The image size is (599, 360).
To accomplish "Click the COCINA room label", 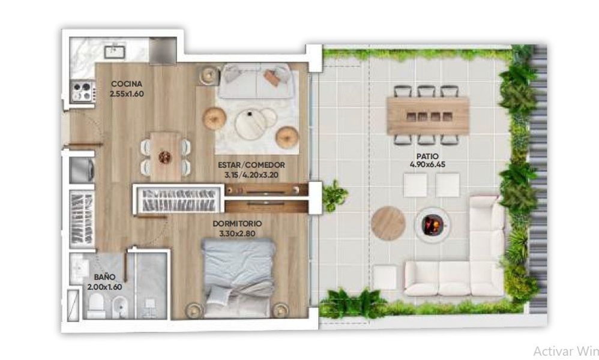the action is [127, 83].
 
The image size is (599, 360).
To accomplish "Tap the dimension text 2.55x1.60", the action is [127, 94].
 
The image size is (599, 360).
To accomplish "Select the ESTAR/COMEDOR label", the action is [251, 165].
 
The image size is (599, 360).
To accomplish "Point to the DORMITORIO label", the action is [237, 224].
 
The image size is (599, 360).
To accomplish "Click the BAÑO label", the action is [104, 277].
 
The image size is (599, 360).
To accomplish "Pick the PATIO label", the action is [427, 156].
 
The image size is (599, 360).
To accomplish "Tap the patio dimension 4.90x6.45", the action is [427, 164].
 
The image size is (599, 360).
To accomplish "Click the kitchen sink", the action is [115, 52].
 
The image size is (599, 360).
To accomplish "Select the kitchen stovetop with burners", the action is [82, 91].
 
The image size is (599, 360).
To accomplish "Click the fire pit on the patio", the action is [432, 224].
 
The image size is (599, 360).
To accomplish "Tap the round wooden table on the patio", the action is [388, 223].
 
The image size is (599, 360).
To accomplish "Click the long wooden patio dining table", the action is [428, 116].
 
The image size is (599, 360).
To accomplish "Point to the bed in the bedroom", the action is [238, 278].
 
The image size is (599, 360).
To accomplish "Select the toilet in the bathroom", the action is [96, 305].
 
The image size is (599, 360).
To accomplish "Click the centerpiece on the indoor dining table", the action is [164, 157].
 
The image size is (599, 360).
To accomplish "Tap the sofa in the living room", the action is [256, 81].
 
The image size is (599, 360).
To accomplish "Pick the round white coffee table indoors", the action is [250, 124].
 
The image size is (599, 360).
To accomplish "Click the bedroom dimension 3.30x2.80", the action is [237, 233].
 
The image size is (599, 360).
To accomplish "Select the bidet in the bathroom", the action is [120, 307].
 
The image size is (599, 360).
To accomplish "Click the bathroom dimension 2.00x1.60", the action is [104, 287].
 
